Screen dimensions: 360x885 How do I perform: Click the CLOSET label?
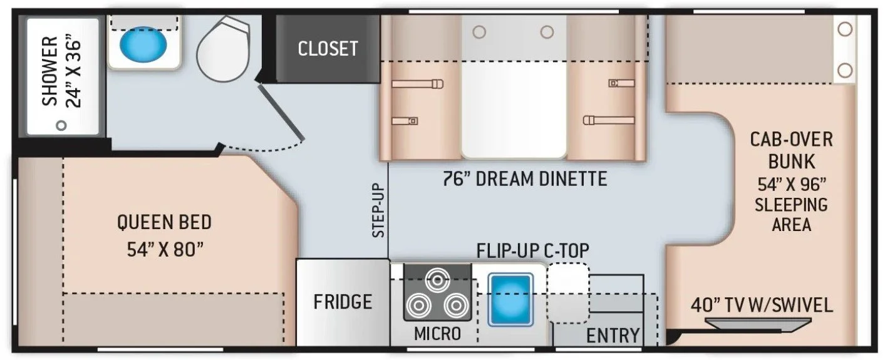(x=328, y=48)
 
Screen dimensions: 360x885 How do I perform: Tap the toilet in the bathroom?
(x=224, y=45)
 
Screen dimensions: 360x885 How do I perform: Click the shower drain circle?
(x=61, y=125)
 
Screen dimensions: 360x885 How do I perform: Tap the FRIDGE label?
(x=343, y=302)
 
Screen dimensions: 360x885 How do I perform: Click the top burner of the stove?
(x=436, y=279)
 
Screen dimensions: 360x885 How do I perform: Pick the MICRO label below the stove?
(x=437, y=333)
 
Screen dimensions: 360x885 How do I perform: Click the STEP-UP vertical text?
(x=378, y=210)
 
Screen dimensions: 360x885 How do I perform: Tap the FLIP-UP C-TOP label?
(x=532, y=250)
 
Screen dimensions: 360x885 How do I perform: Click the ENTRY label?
(x=613, y=336)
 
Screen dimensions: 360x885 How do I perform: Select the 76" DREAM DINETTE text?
(x=522, y=179)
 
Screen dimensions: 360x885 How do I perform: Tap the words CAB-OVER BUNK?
(x=792, y=150)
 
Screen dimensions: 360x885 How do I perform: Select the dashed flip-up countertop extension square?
(x=568, y=292)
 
